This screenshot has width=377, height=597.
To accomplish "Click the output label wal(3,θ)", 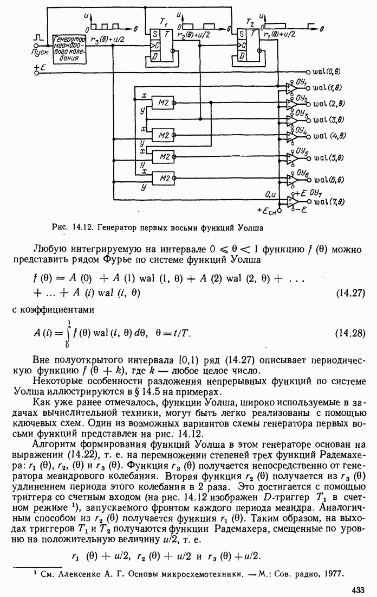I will point(328,119).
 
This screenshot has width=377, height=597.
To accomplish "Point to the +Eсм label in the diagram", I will point(266,209).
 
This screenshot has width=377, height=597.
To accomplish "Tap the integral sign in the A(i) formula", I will point(67,332).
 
